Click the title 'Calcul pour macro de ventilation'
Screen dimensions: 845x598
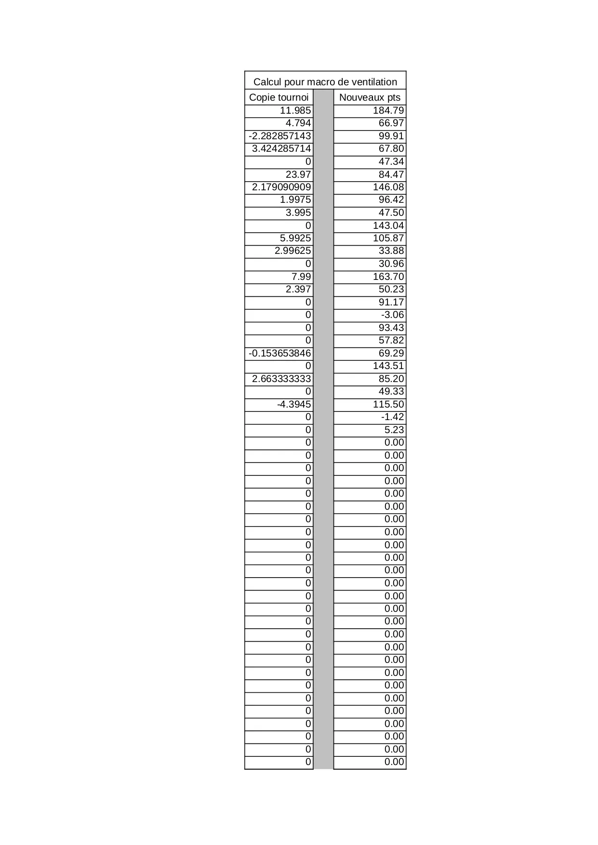(325, 81)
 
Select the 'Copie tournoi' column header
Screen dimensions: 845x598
(279, 97)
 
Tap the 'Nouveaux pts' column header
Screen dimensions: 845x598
(370, 97)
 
